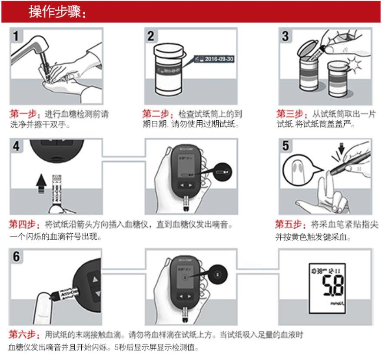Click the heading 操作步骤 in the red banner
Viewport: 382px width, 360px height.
[x=57, y=12]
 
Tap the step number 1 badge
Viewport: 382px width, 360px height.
[x=16, y=36]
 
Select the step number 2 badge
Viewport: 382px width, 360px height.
[x=150, y=36]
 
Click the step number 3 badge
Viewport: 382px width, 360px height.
[x=285, y=36]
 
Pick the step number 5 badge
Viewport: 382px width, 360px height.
[x=285, y=146]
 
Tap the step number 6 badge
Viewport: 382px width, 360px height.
[x=16, y=256]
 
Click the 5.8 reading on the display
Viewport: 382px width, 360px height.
[x=331, y=286]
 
